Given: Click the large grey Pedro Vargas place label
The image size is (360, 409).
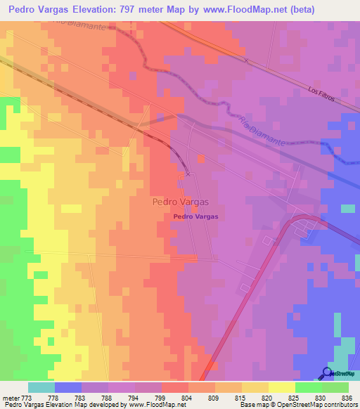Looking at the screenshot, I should point(180,202).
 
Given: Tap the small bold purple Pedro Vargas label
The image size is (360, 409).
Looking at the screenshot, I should point(195,217).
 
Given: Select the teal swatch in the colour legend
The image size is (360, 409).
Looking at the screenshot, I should point(41,387).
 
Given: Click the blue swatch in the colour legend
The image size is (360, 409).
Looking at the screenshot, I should point(68,387).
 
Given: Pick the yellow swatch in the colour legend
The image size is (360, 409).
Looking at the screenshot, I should point(282,387).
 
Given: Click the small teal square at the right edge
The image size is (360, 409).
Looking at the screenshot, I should point(348,209).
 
